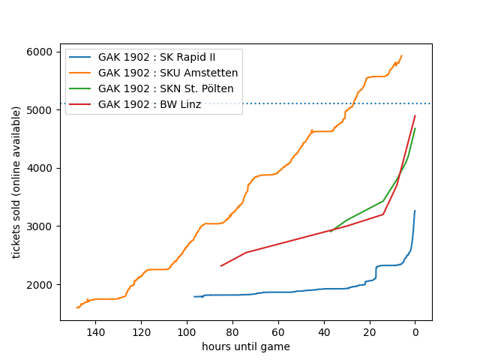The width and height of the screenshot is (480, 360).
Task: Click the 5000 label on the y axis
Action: pyautogui.click(x=42, y=110)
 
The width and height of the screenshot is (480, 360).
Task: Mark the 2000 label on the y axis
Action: pyautogui.click(x=42, y=285)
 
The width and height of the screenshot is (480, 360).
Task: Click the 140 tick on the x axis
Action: pyautogui.click(x=95, y=321)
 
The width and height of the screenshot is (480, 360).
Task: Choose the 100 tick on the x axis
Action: pyautogui.click(x=187, y=321)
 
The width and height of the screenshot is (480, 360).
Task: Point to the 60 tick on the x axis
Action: pyautogui.click(x=278, y=321)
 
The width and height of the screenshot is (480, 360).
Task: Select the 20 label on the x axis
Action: pyautogui.click(x=369, y=331)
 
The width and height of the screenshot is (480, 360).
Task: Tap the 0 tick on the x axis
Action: pyautogui.click(x=415, y=321)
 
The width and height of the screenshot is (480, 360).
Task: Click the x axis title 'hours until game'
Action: pyautogui.click(x=245, y=346)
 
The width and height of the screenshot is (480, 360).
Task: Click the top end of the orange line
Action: pyautogui.click(x=402, y=55)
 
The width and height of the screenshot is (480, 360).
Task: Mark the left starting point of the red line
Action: pyautogui.click(x=220, y=266)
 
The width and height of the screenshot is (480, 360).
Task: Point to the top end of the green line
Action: pyautogui.click(x=415, y=128)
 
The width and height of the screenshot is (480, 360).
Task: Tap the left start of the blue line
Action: pyautogui.click(x=194, y=297)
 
